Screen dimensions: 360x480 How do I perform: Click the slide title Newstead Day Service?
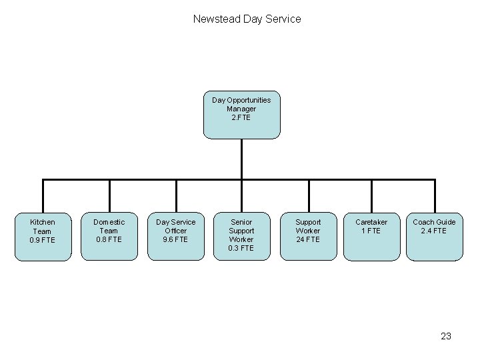click(x=247, y=19)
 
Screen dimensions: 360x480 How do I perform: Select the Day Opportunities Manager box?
click(x=241, y=115)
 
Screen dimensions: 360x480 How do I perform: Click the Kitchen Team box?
click(x=43, y=236)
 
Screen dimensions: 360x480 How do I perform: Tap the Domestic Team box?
click(x=109, y=236)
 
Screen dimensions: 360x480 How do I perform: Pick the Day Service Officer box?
click(x=175, y=236)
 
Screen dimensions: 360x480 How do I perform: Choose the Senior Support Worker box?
click(x=241, y=236)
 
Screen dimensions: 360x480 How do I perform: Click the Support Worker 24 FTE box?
click(x=308, y=236)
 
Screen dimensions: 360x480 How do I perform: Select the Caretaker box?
click(x=371, y=236)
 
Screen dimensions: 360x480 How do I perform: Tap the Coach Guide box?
click(x=434, y=236)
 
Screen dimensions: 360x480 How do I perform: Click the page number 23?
click(x=446, y=336)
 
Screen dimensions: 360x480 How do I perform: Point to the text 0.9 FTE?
click(x=43, y=240)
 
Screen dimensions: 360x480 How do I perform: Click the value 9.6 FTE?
click(x=175, y=239)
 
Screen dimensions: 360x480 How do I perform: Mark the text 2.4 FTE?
click(x=434, y=231)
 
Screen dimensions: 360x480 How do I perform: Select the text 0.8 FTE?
click(x=109, y=239)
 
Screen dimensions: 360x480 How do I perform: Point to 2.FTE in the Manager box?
click(x=241, y=117)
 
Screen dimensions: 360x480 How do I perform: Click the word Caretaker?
click(x=371, y=222)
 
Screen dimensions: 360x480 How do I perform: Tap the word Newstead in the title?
click(x=217, y=19)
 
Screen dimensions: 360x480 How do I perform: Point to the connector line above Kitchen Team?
click(x=43, y=196)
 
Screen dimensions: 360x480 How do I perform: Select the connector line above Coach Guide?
click(x=435, y=196)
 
